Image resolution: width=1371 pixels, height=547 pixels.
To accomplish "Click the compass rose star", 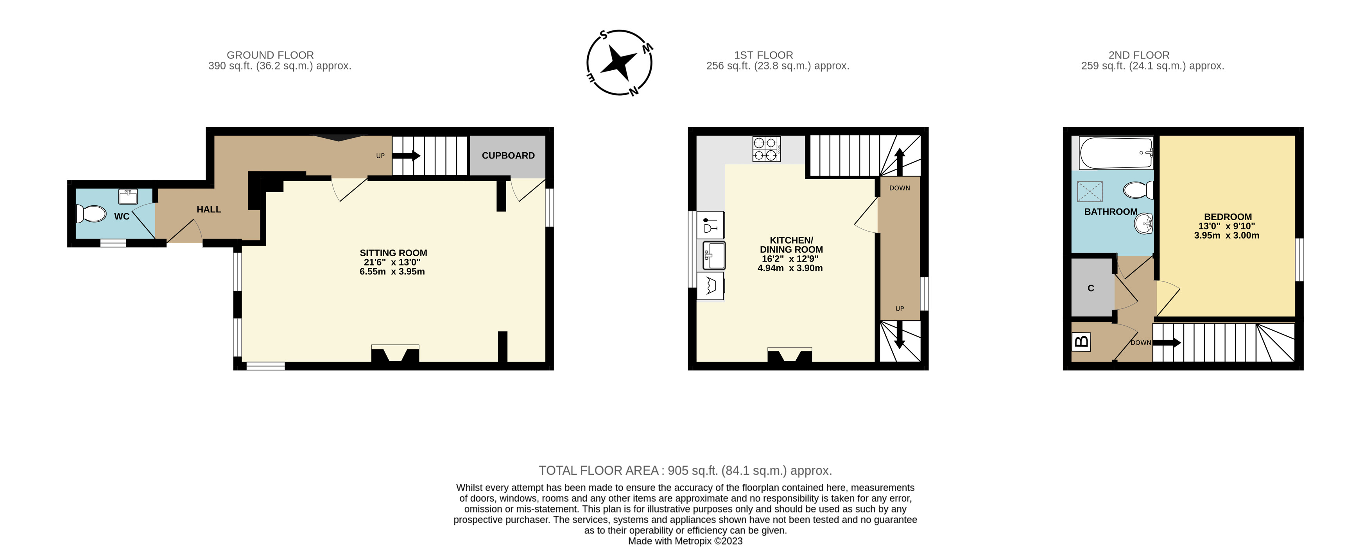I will [619, 62].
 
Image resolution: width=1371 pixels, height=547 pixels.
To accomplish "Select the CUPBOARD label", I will [508, 156].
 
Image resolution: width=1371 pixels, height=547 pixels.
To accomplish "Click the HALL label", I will [209, 209].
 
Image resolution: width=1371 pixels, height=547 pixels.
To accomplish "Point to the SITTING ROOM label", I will [393, 253].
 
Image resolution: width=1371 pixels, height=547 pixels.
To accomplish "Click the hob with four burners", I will [766, 149].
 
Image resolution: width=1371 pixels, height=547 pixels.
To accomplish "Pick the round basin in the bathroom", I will [1143, 224].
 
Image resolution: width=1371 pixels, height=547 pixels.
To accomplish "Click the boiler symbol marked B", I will [1081, 341].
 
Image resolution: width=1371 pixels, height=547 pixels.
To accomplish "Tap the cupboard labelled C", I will [1091, 288].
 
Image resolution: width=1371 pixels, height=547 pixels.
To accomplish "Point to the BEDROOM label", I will [1227, 217].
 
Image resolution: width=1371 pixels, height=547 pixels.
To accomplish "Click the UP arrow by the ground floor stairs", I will [407, 156].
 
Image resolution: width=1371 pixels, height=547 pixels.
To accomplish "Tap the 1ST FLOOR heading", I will [763, 55].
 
